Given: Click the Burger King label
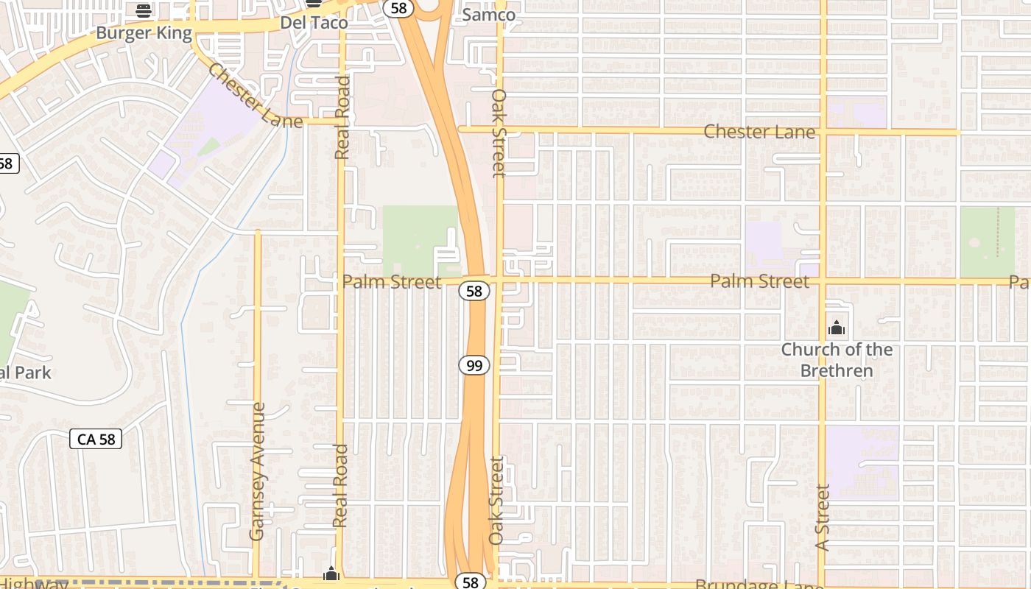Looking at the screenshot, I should click(x=144, y=33).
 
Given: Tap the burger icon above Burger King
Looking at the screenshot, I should click(x=144, y=10).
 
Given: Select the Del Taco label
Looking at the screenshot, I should click(x=314, y=23).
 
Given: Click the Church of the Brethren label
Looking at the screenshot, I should click(x=837, y=360).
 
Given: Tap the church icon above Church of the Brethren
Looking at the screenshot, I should click(x=837, y=328).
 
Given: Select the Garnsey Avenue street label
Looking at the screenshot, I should click(x=257, y=471).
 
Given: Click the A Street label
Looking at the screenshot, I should click(x=823, y=517).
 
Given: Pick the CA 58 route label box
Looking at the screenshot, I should click(x=96, y=440).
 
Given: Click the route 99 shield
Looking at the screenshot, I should click(x=474, y=365).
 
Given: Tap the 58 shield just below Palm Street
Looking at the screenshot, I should click(x=474, y=292).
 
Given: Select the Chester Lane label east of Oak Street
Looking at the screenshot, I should click(x=759, y=132).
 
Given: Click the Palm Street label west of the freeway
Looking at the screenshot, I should click(x=392, y=282).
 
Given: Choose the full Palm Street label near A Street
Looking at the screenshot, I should click(x=759, y=281).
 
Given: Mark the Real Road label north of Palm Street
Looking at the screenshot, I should click(x=342, y=118).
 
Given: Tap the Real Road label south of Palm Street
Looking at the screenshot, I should click(x=339, y=486).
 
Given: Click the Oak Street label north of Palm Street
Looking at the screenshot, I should click(x=499, y=133).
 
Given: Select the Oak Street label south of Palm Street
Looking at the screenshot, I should click(x=497, y=501).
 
